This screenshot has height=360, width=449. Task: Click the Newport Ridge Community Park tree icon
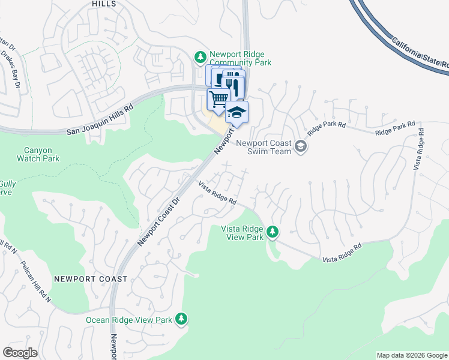(200, 58)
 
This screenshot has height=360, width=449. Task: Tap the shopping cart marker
(218, 98)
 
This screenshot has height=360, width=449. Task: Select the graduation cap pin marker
(237, 112)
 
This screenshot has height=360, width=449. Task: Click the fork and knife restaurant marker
(234, 85)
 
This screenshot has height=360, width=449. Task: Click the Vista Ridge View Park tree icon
(273, 232)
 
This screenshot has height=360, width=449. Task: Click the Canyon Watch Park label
(42, 154)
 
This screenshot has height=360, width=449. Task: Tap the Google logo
(20, 352)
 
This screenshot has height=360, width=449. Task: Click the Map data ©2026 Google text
(411, 355)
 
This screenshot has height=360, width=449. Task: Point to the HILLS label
(104, 4)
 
